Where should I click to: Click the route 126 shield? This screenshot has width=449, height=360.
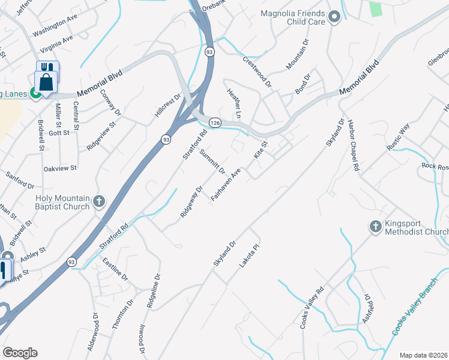coord(214,122)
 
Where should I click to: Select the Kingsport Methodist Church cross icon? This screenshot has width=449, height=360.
coord(375,226)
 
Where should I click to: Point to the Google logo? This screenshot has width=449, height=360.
coord(20,353)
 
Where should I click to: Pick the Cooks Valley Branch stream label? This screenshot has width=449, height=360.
coord(413,314)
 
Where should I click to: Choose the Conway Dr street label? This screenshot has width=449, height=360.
coord(94,103)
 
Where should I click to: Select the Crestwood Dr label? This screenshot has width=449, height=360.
coord(257,70)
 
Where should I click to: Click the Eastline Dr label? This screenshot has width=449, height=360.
coord(115,269)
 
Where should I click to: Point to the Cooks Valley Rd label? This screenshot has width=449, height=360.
coord(312,307)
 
